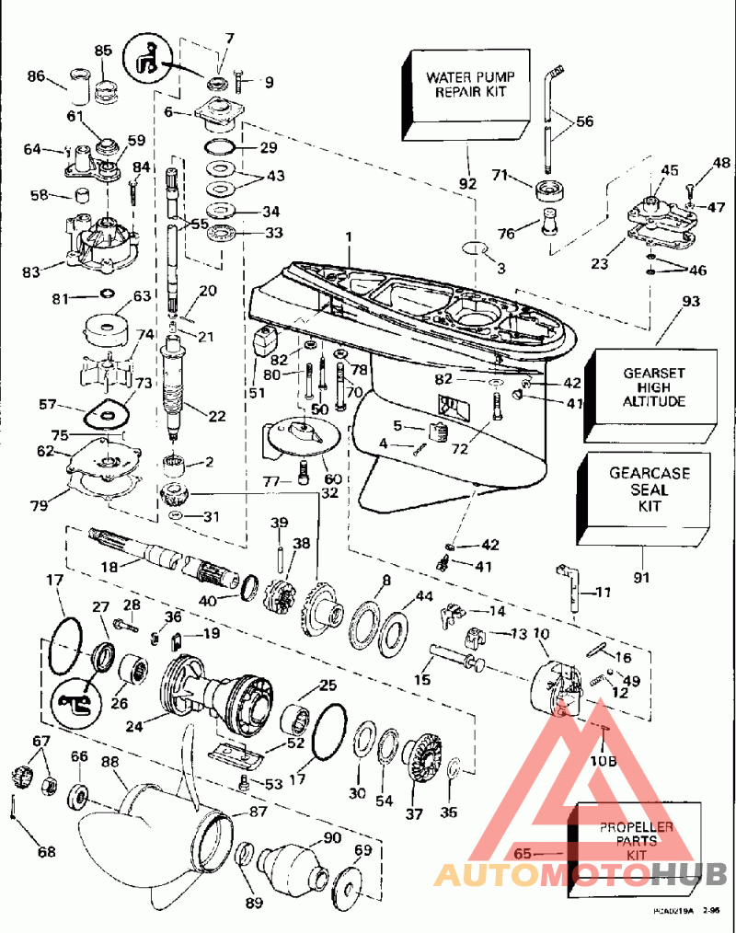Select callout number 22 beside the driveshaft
click(217, 416)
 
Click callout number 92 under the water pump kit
click(468, 183)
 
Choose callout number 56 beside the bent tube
click(585, 121)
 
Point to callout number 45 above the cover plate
click(669, 171)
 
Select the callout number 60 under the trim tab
click(331, 478)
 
